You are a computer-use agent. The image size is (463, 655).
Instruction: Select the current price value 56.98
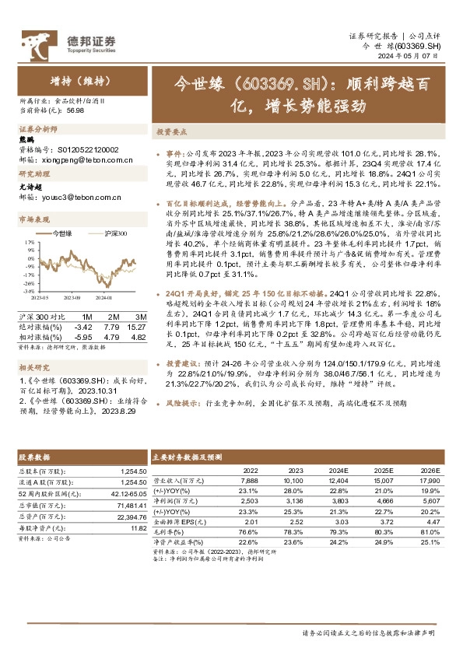coord(76,110)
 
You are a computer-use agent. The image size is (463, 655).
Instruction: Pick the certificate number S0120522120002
coord(91,149)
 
